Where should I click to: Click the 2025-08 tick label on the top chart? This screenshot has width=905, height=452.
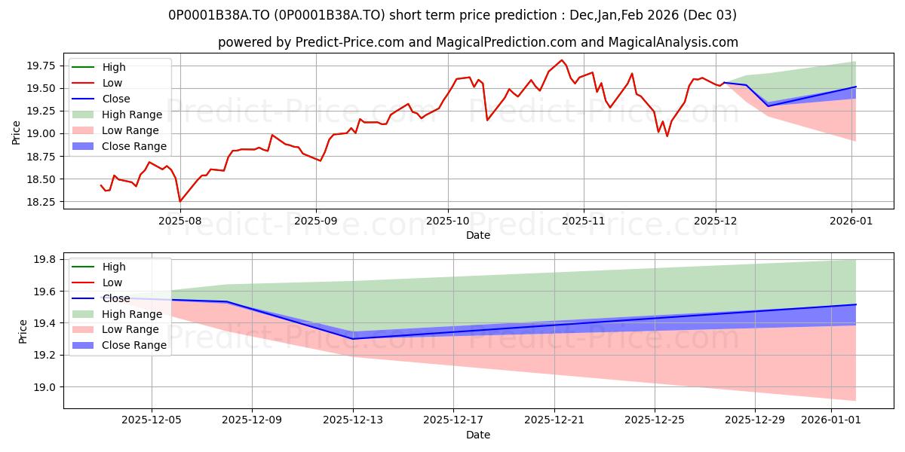180,221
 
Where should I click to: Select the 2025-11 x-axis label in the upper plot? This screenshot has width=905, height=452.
583,221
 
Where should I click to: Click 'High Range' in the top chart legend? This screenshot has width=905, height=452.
132,115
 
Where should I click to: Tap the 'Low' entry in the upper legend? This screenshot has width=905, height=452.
112,83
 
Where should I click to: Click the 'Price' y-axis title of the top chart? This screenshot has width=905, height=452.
17,133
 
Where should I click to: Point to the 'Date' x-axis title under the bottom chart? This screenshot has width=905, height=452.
478,435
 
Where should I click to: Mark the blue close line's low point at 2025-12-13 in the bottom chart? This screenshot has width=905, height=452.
353,338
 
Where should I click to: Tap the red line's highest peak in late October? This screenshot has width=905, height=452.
561,60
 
